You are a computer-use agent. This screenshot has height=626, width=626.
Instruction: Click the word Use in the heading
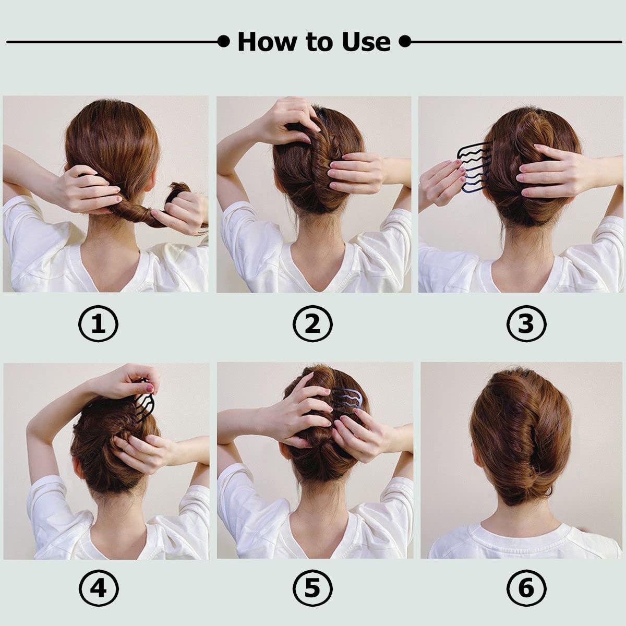pos(366,42)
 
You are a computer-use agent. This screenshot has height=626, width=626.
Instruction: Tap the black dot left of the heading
pos(224,41)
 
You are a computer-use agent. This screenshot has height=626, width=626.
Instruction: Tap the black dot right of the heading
pos(405,41)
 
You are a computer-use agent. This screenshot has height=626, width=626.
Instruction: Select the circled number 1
pos(98,324)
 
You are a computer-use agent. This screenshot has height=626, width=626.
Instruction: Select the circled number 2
pos(312,324)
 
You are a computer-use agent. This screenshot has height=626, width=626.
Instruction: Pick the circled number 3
pos(526,324)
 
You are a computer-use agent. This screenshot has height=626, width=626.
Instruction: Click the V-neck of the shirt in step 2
pos(314,271)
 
